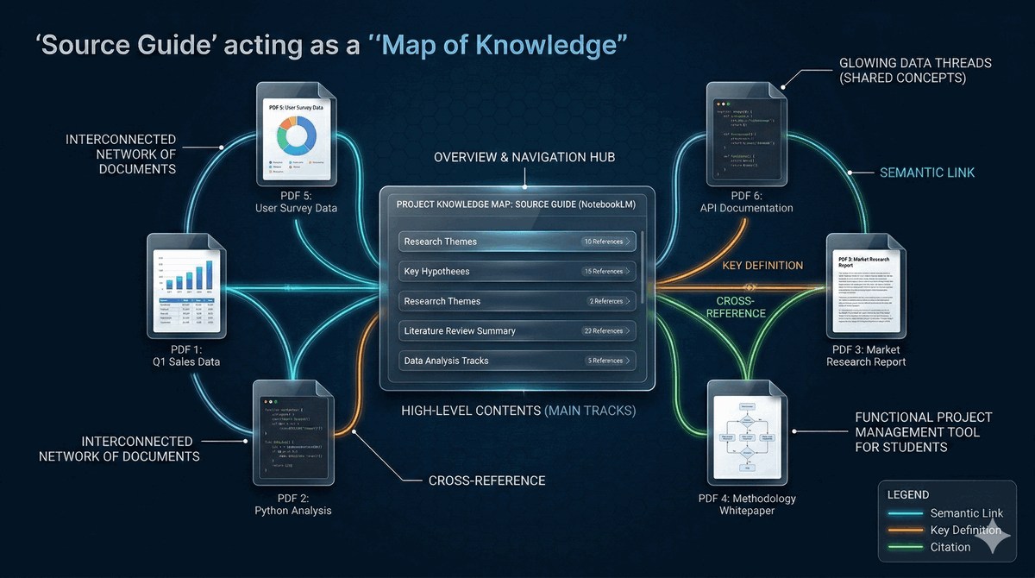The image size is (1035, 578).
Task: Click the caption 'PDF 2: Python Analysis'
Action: [292, 505]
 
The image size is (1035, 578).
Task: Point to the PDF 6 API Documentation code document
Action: [747, 135]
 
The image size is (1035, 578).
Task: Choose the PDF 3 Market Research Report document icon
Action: [866, 285]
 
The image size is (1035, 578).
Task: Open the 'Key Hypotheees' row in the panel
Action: [517, 272]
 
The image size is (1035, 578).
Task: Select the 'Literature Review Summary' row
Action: [517, 331]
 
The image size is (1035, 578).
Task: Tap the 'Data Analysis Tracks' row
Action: [517, 361]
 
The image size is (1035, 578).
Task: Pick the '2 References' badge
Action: [609, 301]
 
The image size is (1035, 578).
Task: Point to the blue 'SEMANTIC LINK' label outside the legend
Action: [927, 173]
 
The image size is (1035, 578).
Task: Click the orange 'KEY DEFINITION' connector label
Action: [762, 265]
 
